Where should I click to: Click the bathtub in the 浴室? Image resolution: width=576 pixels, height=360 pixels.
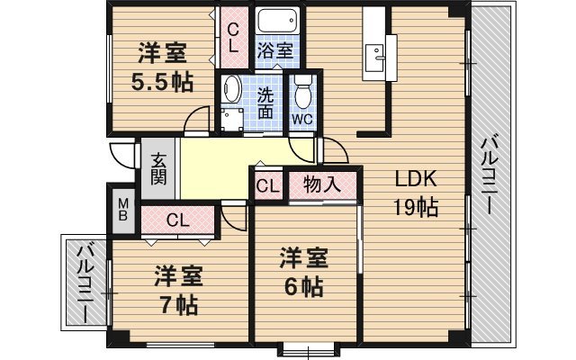click(277, 21)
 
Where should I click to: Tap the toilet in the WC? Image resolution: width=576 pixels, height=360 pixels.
click(303, 92)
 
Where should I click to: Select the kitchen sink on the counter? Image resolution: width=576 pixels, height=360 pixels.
click(374, 58)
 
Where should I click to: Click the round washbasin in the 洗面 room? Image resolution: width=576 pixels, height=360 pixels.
click(231, 88)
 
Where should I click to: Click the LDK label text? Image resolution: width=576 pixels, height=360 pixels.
click(416, 179)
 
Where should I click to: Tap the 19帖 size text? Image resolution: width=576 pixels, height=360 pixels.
click(416, 207)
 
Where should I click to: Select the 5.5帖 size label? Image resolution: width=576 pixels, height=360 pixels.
click(162, 82)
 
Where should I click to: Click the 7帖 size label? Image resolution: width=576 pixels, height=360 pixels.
click(179, 304)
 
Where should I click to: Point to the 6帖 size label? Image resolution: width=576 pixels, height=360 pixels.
click(304, 287)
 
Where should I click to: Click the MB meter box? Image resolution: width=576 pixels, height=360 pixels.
click(123, 210)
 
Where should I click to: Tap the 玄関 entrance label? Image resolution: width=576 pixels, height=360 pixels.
click(158, 169)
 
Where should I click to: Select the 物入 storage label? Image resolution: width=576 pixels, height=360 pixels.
click(322, 184)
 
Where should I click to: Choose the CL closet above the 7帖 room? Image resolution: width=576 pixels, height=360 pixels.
click(178, 220)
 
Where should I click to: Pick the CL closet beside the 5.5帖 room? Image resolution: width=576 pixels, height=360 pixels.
click(233, 37)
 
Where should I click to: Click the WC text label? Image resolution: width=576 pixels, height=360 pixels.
click(302, 119)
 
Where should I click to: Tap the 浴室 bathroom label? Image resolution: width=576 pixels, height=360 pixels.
click(275, 51)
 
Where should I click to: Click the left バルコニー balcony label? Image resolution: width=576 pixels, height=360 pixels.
click(86, 283)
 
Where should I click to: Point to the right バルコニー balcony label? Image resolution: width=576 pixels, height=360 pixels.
click(490, 175)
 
